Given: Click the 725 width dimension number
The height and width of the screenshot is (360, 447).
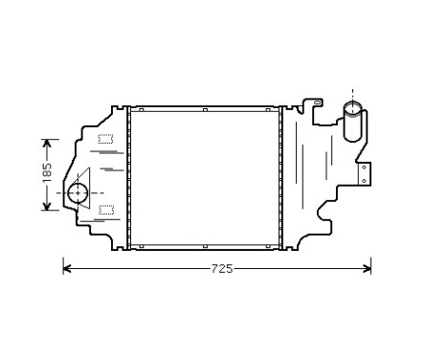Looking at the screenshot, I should tap(221, 269).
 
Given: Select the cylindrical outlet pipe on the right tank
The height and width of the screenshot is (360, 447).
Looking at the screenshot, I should tap(351, 124).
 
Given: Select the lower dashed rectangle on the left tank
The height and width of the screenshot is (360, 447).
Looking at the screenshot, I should tap(105, 208).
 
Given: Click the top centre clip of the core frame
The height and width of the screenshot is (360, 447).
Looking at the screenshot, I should tap(205, 110).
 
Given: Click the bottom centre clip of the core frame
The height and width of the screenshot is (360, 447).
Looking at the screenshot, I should tap(205, 246).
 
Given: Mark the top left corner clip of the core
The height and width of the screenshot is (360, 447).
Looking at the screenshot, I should tap(134, 110).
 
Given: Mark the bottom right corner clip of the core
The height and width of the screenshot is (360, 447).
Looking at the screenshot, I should tap(275, 246).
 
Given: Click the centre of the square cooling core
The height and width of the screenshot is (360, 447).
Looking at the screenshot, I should tap(205, 178).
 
